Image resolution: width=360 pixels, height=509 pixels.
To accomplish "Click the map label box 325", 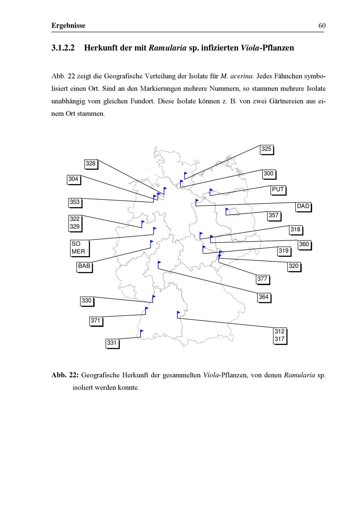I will (266, 149).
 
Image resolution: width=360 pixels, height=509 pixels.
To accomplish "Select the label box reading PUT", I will (278, 190).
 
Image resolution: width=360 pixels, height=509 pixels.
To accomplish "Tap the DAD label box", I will (303, 206).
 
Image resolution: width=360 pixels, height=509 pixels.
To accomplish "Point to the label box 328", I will (91, 164).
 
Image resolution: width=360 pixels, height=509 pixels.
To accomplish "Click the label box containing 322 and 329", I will (75, 223).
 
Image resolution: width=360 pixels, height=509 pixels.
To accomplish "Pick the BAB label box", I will (84, 267).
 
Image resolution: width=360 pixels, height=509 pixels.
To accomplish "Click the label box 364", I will (264, 297).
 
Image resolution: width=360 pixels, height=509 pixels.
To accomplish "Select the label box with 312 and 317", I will (280, 336).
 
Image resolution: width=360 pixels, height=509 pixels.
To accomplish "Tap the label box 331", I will (112, 343).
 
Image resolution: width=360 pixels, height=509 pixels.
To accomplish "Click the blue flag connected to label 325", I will (186, 174).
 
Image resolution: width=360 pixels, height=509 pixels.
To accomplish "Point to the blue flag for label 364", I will (159, 263).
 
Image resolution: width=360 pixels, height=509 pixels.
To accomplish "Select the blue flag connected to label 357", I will (227, 210).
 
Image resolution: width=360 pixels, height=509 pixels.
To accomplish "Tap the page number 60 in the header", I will (322, 26).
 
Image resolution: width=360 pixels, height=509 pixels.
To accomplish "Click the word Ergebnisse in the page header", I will (68, 26).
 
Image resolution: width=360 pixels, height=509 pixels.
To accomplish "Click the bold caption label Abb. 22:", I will (65, 375).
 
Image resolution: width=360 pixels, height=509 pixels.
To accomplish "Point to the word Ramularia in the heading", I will (168, 48).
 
